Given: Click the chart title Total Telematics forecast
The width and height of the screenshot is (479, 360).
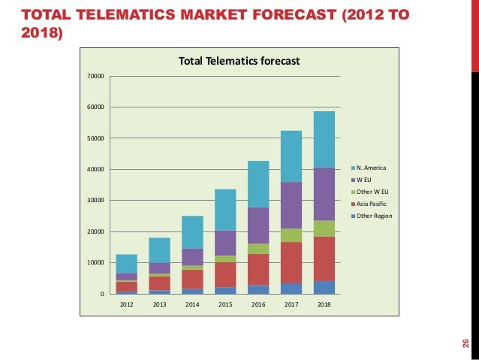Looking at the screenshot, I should tap(238, 62).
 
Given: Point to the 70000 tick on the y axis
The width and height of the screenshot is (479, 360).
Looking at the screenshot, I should tap(95, 76).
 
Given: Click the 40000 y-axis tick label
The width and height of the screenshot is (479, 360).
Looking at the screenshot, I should tap(95, 169).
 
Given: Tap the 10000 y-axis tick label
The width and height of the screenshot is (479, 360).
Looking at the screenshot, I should tap(95, 262).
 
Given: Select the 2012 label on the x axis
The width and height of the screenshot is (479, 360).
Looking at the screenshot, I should tap(127, 305).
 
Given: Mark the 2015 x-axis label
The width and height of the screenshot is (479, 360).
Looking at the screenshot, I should tap(225, 305).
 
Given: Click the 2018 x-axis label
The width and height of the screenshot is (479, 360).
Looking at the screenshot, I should tap(324, 305).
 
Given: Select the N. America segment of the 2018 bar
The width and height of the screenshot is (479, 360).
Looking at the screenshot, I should tap(324, 139).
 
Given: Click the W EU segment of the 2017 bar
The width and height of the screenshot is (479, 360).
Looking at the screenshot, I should tap(291, 204).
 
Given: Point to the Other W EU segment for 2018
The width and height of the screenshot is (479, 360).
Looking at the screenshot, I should tap(324, 228).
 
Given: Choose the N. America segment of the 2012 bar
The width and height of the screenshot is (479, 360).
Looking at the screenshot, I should tap(127, 263).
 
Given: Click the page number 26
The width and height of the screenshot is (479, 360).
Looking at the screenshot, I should tap(465, 343).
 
